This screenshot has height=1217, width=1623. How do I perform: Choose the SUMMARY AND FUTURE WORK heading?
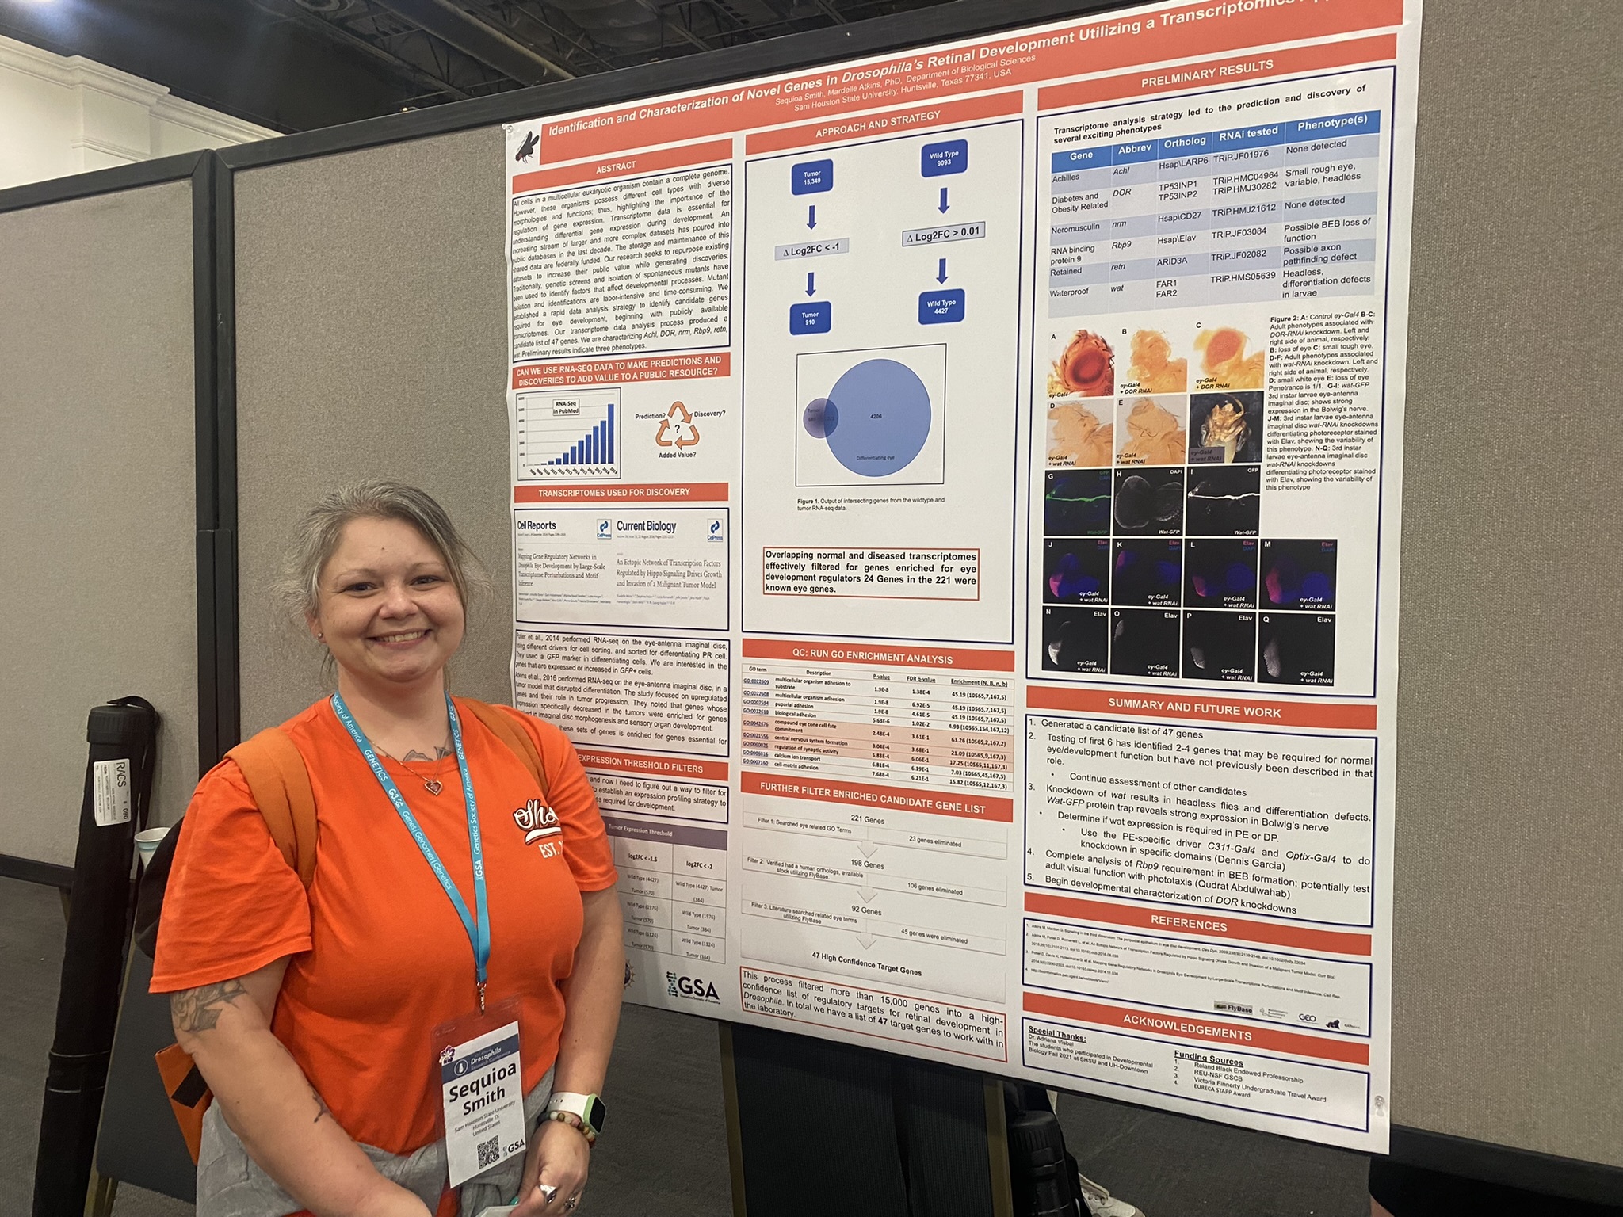(x=1199, y=708)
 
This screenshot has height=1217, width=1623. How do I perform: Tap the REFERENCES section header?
(x=1189, y=925)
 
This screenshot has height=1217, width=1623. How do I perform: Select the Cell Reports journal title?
(x=537, y=525)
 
